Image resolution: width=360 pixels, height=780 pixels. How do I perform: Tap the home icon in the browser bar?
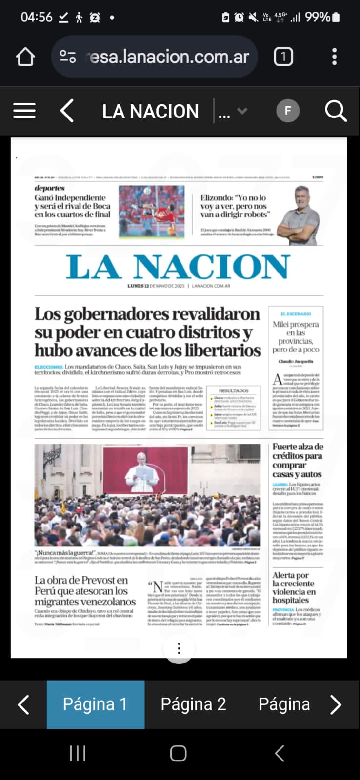coord(25,57)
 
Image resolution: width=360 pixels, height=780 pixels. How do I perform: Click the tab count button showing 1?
coord(283,57)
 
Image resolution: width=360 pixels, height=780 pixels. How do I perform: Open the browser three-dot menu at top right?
coord(334,57)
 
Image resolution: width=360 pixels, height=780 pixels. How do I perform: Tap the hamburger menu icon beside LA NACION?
coord(24,111)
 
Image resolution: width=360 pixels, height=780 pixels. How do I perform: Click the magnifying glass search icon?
coord(336,111)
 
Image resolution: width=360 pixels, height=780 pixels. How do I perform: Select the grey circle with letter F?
coord(288,111)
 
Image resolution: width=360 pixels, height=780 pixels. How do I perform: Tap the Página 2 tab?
coord(194,704)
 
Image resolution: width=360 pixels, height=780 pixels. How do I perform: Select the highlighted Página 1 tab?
coord(96,704)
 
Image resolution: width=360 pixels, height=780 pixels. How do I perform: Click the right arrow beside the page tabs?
coord(336,704)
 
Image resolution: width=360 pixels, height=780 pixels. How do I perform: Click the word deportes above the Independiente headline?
coord(49,188)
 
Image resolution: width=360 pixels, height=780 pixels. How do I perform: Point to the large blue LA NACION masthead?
coord(178,267)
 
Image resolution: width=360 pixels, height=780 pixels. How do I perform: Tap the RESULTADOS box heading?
coord(234,391)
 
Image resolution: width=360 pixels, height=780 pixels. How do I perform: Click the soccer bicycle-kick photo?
coord(152,212)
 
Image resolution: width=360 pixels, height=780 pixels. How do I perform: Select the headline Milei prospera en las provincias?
coord(296,337)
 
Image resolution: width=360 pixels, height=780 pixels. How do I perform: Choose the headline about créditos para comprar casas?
coord(298,460)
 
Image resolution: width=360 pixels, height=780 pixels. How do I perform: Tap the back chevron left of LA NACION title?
coord(67,111)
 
